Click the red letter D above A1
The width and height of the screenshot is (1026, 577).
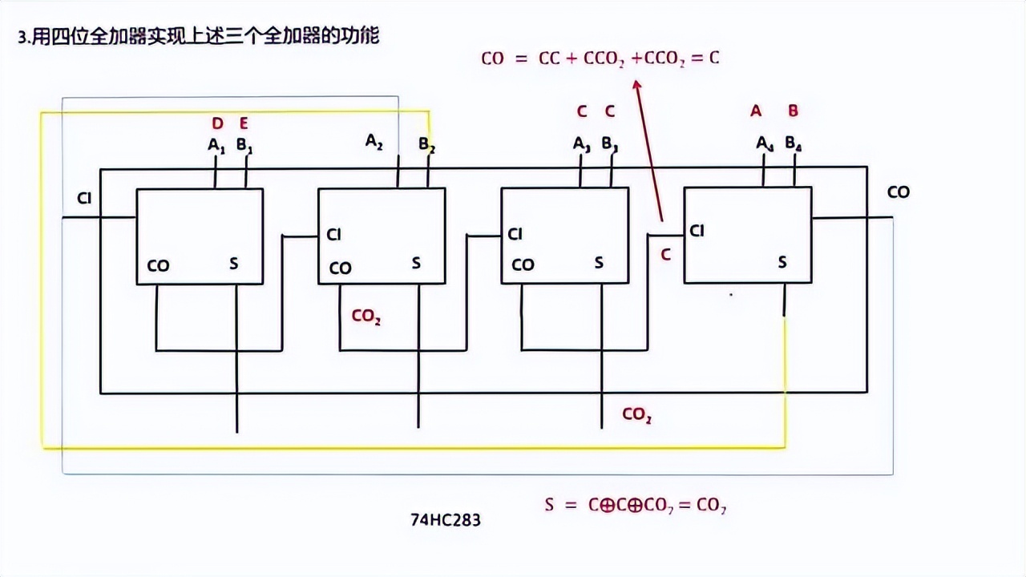(x=217, y=123)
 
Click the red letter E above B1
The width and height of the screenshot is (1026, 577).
(x=244, y=123)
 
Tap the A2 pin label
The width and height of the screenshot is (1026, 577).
(x=374, y=142)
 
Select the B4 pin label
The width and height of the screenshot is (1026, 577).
(x=794, y=143)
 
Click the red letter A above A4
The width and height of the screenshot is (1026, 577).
(x=756, y=111)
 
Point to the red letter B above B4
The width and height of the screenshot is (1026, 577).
(x=793, y=111)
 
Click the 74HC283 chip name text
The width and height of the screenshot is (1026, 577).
(x=446, y=520)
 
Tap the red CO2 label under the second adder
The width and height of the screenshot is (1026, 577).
(x=366, y=317)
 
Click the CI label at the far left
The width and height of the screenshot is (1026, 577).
(x=84, y=198)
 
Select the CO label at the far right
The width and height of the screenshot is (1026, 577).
(x=899, y=192)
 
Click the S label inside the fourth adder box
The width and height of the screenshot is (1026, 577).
(x=782, y=262)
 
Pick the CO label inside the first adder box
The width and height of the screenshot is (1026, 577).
(x=158, y=266)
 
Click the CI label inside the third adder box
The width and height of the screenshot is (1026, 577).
(x=515, y=234)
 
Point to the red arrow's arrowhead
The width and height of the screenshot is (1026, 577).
(x=638, y=83)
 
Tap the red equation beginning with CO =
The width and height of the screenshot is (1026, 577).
(x=600, y=59)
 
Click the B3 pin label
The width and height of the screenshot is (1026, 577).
(x=610, y=144)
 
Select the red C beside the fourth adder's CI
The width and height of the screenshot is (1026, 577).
(x=664, y=256)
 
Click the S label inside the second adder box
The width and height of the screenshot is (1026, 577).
(x=416, y=263)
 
